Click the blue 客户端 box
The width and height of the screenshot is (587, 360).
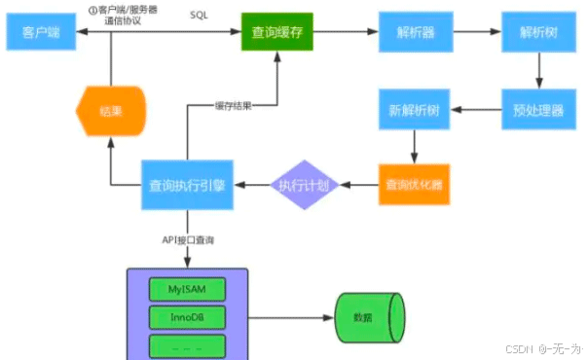tap(41, 33)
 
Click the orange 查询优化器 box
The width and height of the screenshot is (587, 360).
tap(415, 182)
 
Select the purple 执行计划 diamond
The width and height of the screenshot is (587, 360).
tap(304, 183)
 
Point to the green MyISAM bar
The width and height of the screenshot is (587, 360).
tap(188, 288)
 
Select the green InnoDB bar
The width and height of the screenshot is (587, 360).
tap(188, 316)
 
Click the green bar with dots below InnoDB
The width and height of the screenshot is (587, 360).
tap(188, 344)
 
